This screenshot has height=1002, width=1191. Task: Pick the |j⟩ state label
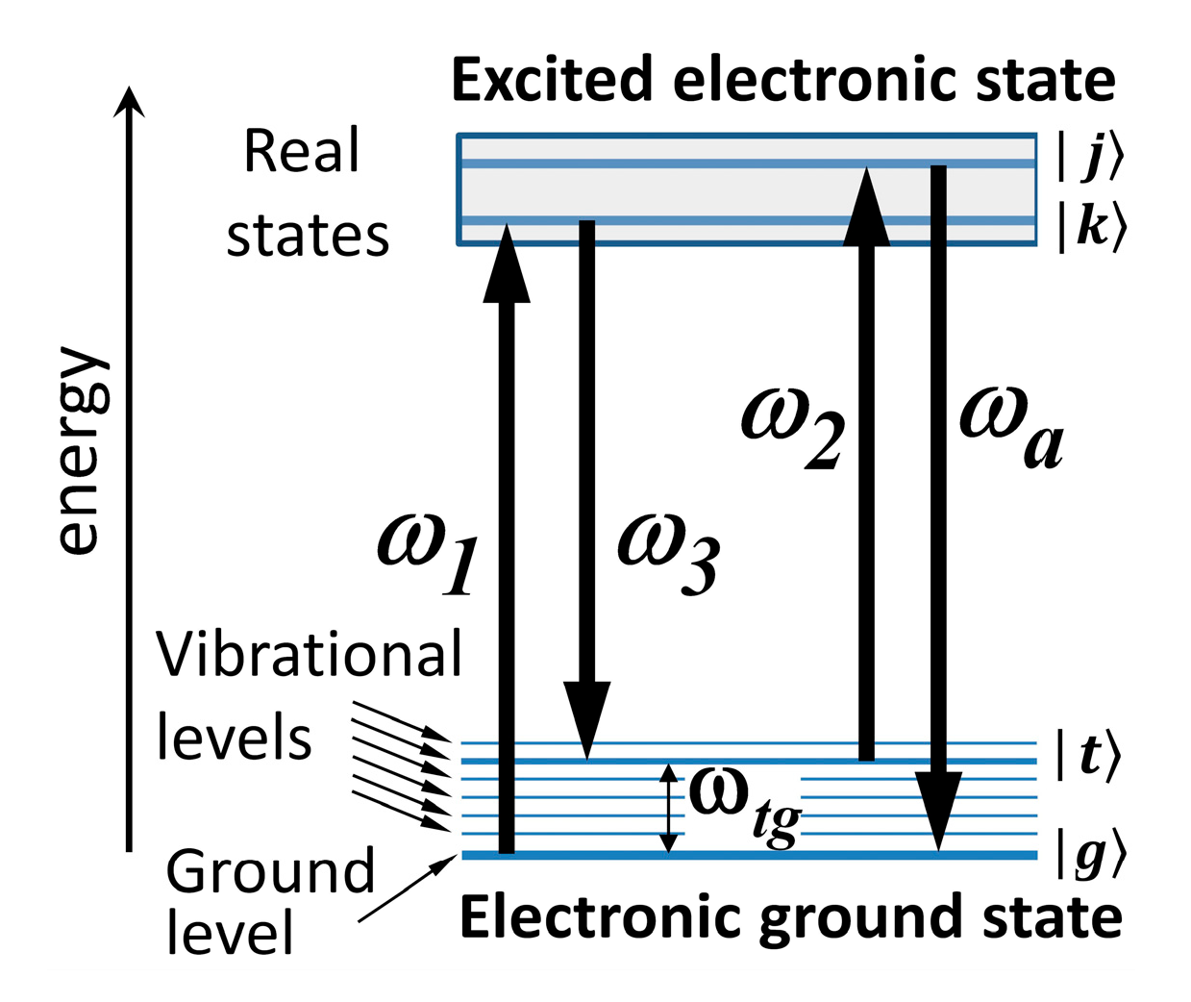[1089, 157]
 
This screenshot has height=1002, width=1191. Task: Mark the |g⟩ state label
[1089, 852]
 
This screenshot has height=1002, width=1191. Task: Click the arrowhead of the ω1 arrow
[507, 264]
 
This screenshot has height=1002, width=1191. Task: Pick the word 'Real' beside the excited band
[302, 152]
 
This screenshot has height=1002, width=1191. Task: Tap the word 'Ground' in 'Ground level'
[269, 871]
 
